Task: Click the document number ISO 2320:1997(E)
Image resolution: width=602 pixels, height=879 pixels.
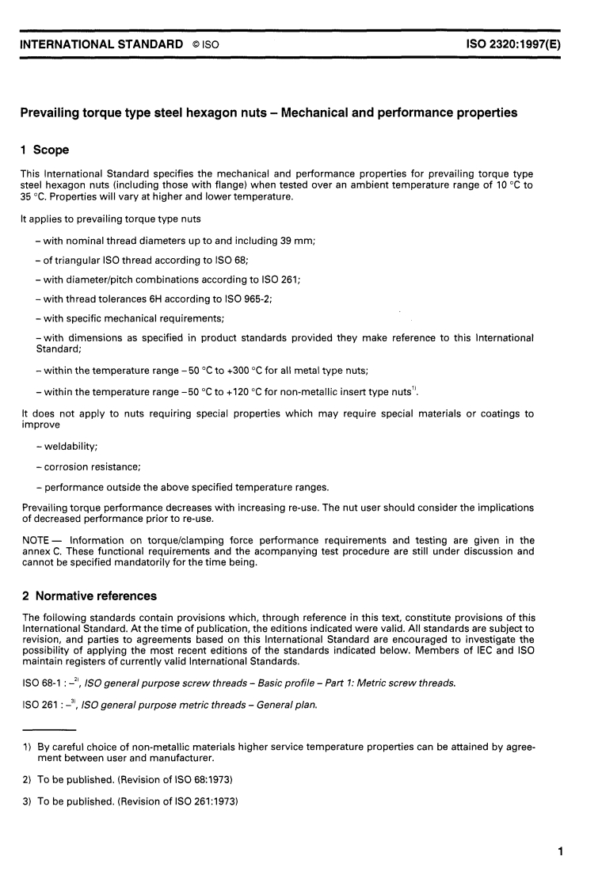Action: tap(514, 45)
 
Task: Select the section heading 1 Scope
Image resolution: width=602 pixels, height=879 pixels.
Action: tap(45, 150)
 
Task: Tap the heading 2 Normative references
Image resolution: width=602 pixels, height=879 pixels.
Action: tap(89, 596)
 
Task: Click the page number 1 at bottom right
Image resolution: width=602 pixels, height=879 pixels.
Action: tap(560, 852)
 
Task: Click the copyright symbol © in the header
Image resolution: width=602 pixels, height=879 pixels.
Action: tap(196, 46)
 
